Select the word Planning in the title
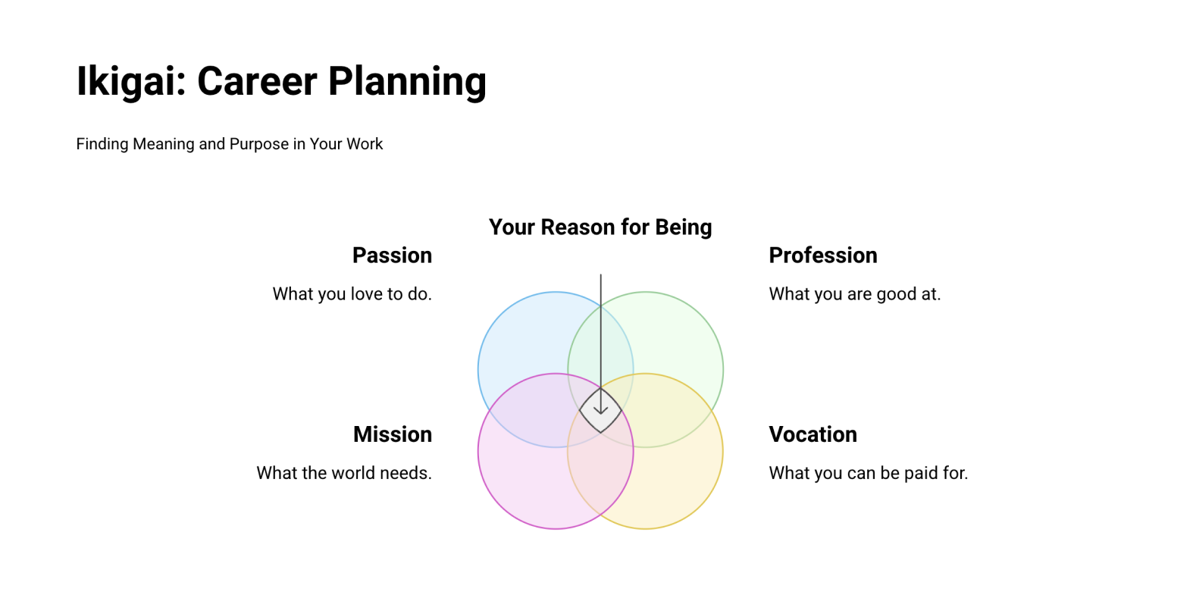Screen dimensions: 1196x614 click(407, 82)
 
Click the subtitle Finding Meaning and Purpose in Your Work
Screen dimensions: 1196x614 click(229, 144)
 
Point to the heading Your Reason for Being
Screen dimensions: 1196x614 click(600, 227)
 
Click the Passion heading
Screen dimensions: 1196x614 click(392, 255)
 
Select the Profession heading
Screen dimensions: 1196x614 click(823, 255)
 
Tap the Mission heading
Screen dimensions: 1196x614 click(393, 434)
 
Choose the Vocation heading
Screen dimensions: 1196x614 click(812, 434)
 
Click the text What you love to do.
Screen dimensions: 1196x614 click(352, 293)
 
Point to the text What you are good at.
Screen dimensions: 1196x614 click(854, 293)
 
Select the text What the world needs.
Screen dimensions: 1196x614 click(344, 472)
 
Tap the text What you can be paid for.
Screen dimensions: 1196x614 click(868, 472)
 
